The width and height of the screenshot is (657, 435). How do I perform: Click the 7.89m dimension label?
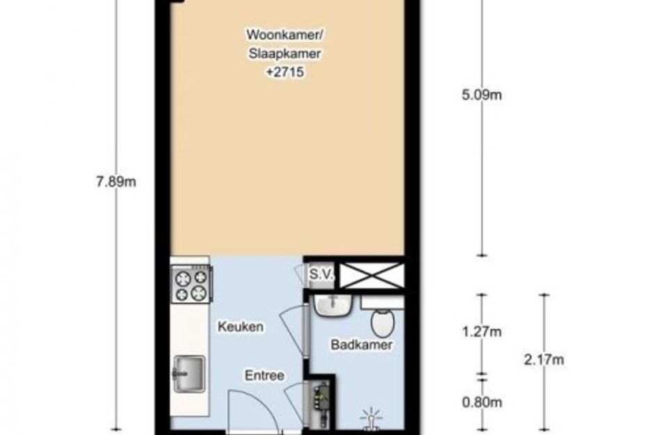[x=116, y=182]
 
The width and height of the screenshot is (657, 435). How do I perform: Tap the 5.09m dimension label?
[x=482, y=95]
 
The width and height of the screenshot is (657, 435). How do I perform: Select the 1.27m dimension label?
[x=482, y=332]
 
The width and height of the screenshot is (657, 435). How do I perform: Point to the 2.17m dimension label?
[x=544, y=360]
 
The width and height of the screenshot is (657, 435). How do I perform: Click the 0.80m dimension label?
[x=482, y=402]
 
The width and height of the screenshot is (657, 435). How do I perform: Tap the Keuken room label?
[x=241, y=327]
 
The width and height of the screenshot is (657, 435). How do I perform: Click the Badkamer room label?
[x=362, y=345]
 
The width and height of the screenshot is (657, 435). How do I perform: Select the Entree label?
[x=264, y=375]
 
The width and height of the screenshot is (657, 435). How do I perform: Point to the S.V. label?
[x=321, y=275]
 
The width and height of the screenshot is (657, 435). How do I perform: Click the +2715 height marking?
[x=285, y=72]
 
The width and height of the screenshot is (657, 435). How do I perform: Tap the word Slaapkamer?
[x=285, y=54]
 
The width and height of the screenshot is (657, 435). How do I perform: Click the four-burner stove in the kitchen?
[x=191, y=285]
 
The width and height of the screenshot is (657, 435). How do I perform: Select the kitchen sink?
[x=188, y=374]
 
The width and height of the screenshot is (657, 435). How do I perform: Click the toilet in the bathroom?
[x=382, y=322]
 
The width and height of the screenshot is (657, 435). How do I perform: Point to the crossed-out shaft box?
[x=372, y=276]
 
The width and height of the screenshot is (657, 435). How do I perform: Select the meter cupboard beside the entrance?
[x=321, y=404]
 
